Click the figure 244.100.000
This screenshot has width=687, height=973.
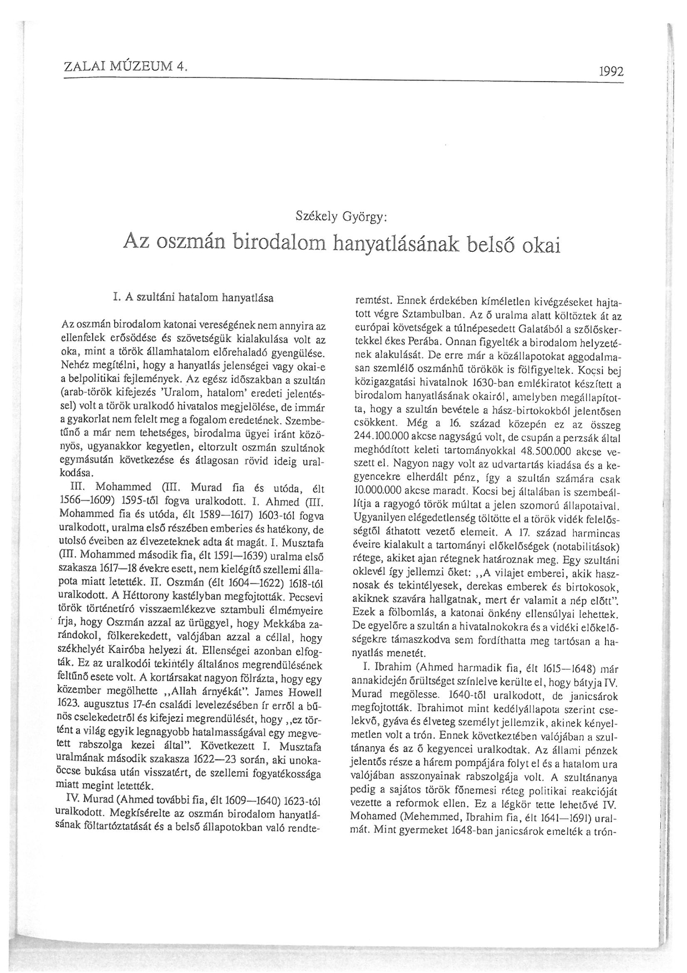point(383,436)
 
